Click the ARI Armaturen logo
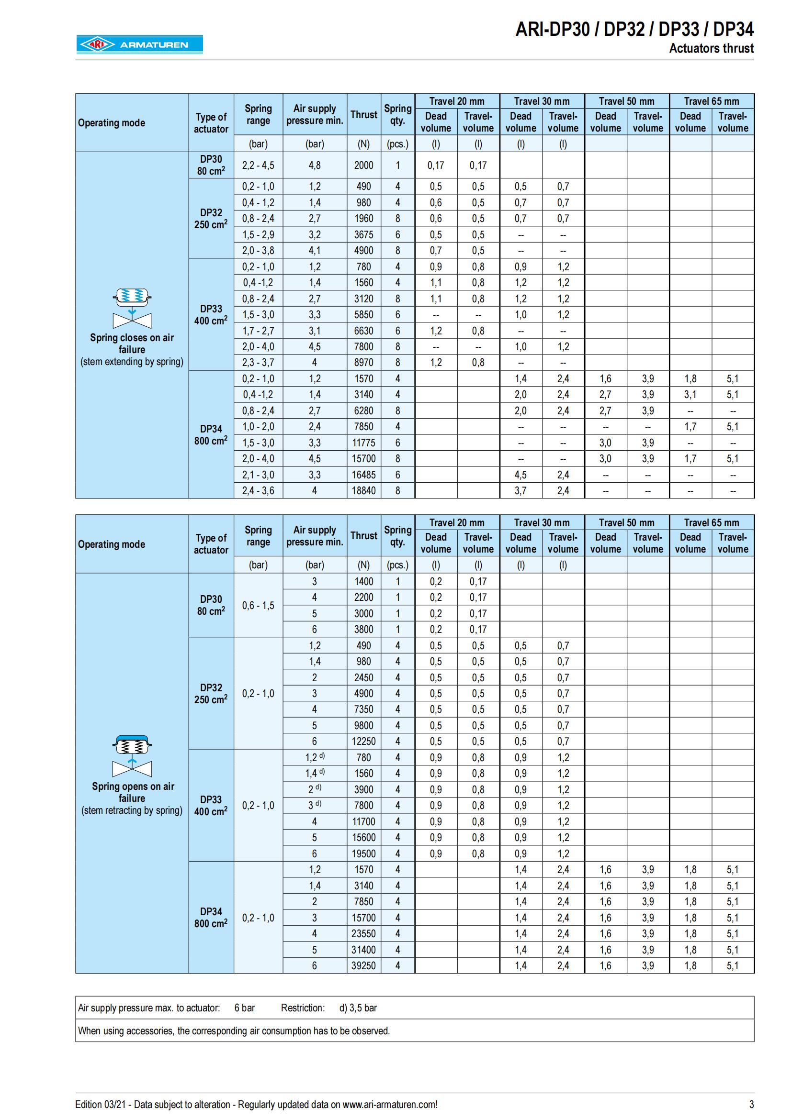tap(139, 44)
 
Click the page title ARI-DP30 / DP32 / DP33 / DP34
tap(634, 30)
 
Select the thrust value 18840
tap(363, 490)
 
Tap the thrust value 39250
tap(363, 965)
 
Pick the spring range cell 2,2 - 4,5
tap(258, 165)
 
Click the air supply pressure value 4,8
tap(315, 165)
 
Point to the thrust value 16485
tap(363, 475)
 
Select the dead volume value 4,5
tap(520, 475)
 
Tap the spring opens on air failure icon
tap(132, 756)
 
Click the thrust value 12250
tap(363, 741)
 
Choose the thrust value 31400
tap(363, 949)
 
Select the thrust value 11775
tap(363, 443)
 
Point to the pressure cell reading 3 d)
tap(315, 805)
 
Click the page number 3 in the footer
tap(751, 1104)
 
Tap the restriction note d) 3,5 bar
tap(358, 1008)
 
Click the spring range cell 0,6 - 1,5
tap(258, 605)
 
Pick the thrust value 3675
tap(363, 234)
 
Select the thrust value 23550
tap(363, 933)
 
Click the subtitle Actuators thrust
tap(711, 48)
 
